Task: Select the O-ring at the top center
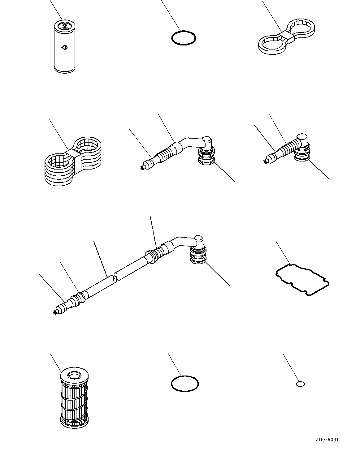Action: point(184,38)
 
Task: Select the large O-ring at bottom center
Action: point(185,384)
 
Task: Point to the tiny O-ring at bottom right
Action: point(300,384)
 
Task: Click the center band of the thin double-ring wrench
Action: point(287,37)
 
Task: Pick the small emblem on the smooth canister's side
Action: point(64,47)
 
